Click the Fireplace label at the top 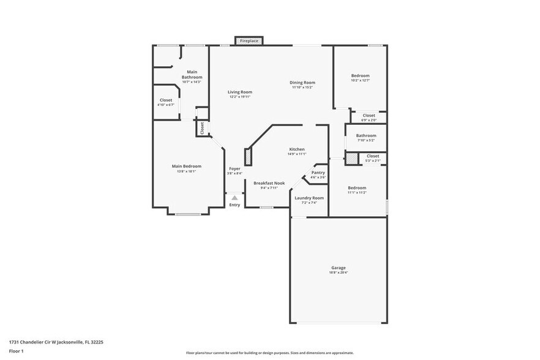point(249,41)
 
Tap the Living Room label point(241,92)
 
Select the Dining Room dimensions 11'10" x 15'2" point(302,88)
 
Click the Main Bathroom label point(192,75)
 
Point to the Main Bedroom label point(186,166)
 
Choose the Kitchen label point(297,149)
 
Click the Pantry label point(318,173)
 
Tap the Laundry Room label point(309,198)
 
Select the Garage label point(339,268)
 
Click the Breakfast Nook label point(269,183)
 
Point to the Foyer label point(234,168)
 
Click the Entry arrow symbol point(234,197)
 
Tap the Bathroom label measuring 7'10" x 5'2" point(366,136)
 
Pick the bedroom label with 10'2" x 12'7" point(360,75)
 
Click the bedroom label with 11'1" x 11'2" point(357,188)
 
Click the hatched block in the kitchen point(248,156)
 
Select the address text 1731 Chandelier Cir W point(43,342)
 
